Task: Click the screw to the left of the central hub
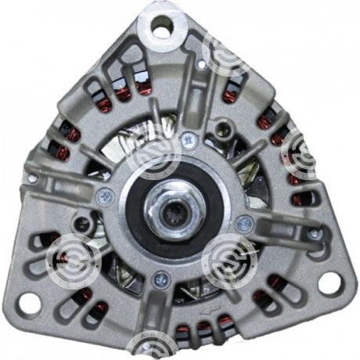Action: [103, 196]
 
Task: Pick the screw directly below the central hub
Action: [160, 276]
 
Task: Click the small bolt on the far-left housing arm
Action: [31, 178]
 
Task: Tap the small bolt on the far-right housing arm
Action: [314, 233]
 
